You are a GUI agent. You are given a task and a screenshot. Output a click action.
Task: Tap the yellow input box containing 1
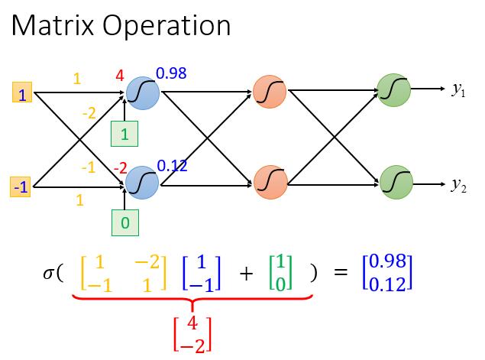point(22,94)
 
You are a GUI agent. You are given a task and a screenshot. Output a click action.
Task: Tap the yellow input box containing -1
point(21,186)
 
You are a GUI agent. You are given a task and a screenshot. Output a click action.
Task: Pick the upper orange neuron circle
point(270,92)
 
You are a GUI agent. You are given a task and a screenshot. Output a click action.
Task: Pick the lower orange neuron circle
point(270,182)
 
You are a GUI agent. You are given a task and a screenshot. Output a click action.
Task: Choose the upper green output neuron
point(395,91)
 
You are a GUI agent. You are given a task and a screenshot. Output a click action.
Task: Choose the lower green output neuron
point(396,182)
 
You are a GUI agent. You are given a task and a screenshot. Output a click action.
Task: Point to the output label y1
point(457,90)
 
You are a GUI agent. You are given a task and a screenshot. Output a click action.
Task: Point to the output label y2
point(458,184)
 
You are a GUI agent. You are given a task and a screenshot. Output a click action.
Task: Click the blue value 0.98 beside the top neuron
point(171,74)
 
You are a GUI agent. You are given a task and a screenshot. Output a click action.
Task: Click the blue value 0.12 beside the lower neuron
point(172,164)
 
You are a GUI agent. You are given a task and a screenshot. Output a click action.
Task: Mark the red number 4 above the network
point(119,75)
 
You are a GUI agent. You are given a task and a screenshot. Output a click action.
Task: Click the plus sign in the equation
point(246,274)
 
